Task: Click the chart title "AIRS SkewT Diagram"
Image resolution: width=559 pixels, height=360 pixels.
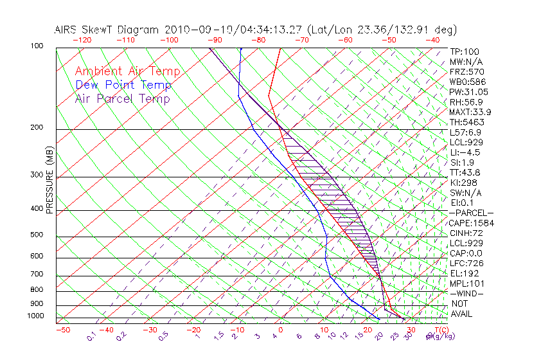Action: coord(107,30)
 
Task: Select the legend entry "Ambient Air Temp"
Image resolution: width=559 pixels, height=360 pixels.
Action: coord(127,71)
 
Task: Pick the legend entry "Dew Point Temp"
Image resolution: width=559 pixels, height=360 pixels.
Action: coord(123,85)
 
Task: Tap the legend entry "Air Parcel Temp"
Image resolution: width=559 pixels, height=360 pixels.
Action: coord(123,98)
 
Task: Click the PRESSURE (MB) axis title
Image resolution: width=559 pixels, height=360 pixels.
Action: coord(49,180)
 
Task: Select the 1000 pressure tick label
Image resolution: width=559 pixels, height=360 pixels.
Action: coord(36,316)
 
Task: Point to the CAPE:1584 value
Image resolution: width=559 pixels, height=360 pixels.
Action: coord(470,223)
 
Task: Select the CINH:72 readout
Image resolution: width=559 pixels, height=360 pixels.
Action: coord(465,233)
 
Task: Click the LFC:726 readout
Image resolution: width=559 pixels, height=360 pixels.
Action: coord(466,263)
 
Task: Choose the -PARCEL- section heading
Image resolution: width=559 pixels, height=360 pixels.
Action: coord(471,213)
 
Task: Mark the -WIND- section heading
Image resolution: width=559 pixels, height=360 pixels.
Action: coord(466,293)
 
